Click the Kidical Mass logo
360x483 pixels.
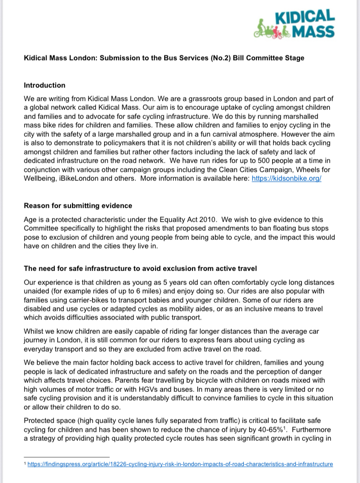pyautogui.click(x=294, y=24)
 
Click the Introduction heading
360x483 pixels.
pyautogui.click(x=45, y=85)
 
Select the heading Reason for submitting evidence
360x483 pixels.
pyautogui.click(x=78, y=206)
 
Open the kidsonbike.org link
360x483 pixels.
pyautogui.click(x=286, y=178)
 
